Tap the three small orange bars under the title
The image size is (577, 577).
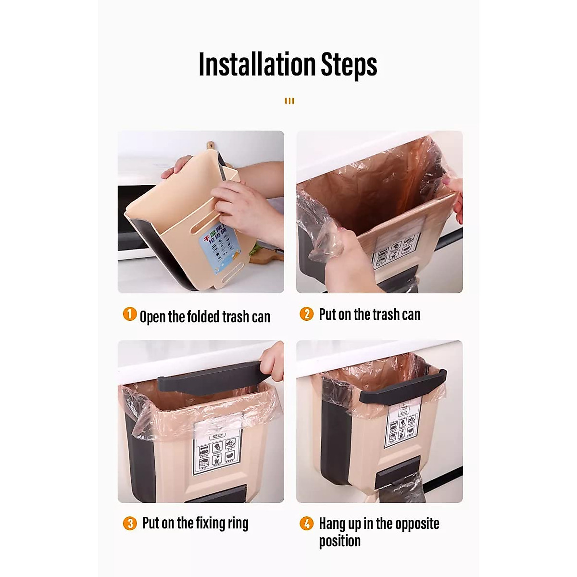[x=289, y=101]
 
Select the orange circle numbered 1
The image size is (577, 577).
[x=130, y=315]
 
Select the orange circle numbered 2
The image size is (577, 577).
[x=306, y=314]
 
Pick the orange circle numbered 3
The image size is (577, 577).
[x=130, y=523]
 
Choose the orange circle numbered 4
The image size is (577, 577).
[x=306, y=523]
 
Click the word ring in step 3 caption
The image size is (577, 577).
[x=237, y=523]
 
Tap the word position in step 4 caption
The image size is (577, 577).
[x=339, y=541]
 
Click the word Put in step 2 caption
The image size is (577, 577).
[x=327, y=314]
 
